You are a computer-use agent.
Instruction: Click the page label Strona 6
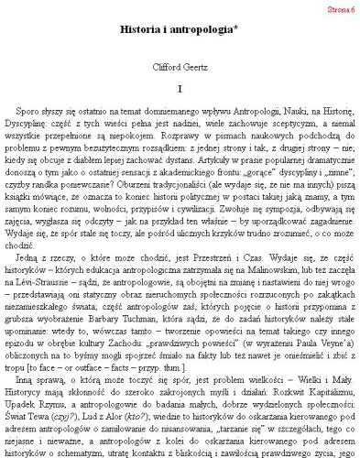pos(339,8)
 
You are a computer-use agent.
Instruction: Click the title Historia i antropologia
pos(180,30)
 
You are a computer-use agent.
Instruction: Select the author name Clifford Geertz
pos(180,65)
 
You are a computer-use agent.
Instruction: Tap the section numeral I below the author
pos(180,88)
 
